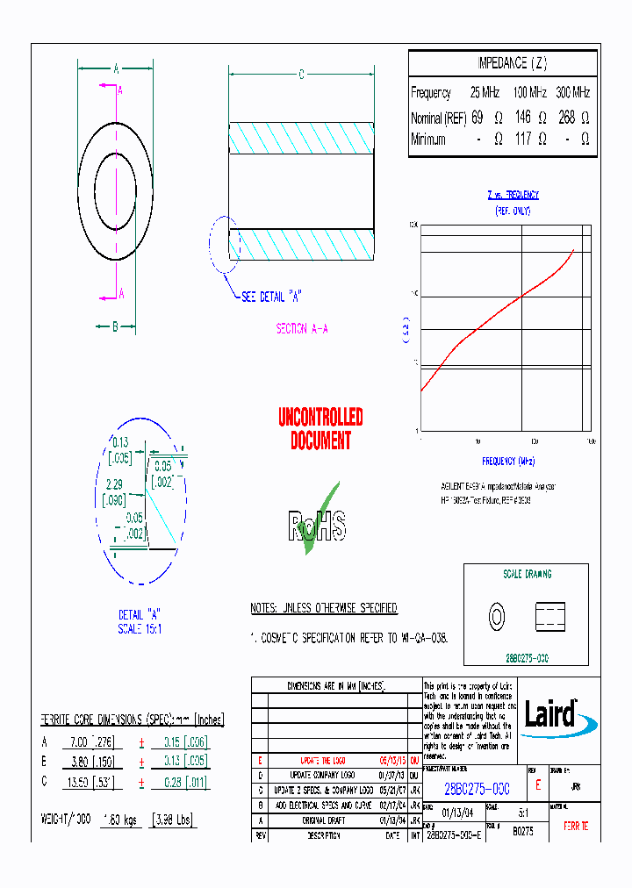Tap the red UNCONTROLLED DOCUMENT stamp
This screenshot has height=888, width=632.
pyautogui.click(x=320, y=428)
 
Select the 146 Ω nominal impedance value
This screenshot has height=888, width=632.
pyautogui.click(x=523, y=118)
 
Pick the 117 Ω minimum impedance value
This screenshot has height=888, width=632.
pyautogui.click(x=523, y=140)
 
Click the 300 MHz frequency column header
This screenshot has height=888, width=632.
pyautogui.click(x=573, y=92)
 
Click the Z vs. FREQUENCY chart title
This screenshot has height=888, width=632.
pyautogui.click(x=513, y=195)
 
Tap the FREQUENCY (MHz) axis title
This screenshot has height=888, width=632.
pyautogui.click(x=507, y=461)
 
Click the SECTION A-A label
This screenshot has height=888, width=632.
pyautogui.click(x=302, y=328)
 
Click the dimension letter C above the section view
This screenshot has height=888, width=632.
pyautogui.click(x=301, y=75)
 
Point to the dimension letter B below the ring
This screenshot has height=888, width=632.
pyautogui.click(x=115, y=326)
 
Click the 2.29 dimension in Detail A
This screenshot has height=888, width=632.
pyautogui.click(x=114, y=483)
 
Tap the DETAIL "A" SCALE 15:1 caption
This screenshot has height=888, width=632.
pyautogui.click(x=140, y=621)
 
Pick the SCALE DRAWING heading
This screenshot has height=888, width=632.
pyautogui.click(x=527, y=574)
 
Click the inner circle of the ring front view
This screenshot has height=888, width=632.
pyautogui.click(x=116, y=190)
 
